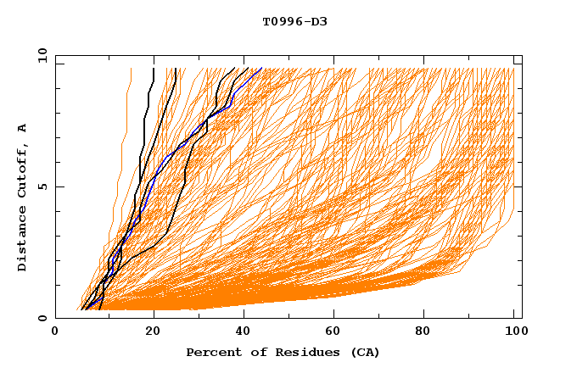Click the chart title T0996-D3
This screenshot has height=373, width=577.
click(294, 22)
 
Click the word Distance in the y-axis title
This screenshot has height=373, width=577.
click(22, 242)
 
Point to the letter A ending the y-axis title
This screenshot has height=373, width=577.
click(22, 128)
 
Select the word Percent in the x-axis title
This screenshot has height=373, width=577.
click(212, 352)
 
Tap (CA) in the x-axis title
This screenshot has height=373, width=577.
click(360, 352)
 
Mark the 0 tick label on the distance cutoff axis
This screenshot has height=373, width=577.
click(42, 318)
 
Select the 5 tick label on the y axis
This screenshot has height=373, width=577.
click(42, 186)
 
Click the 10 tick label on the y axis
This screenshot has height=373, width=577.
click(40, 55)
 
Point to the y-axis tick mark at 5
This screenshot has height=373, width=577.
click(59, 186)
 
